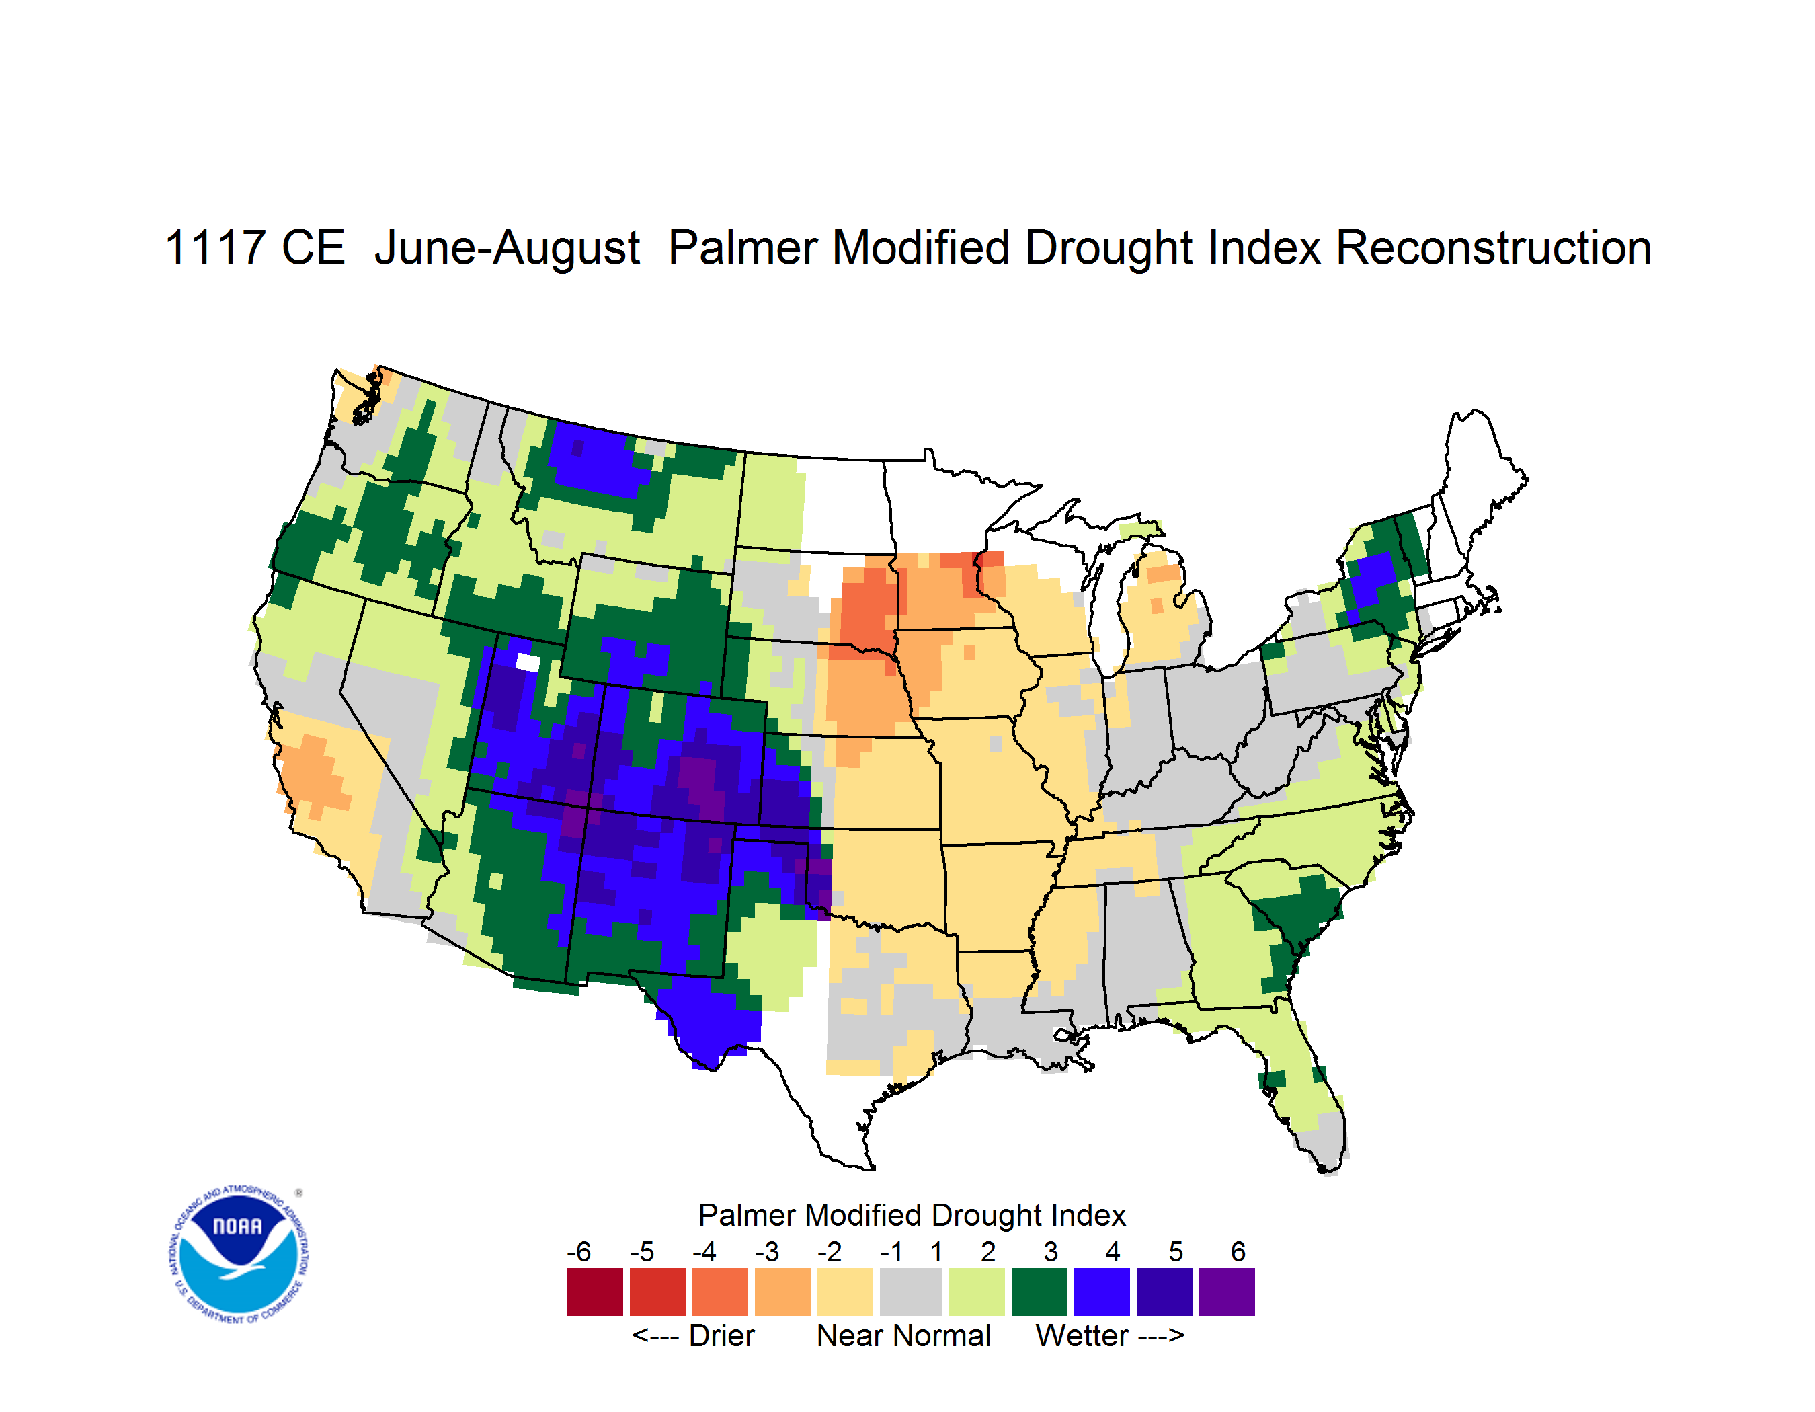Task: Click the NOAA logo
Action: tap(239, 1255)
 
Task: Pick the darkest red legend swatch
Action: tap(595, 1292)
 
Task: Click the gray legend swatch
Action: tap(912, 1292)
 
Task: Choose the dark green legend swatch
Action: tap(1039, 1292)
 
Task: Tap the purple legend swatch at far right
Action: tap(1227, 1292)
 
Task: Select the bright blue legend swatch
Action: tap(1102, 1292)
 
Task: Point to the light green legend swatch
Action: tap(977, 1292)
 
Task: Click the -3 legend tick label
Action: tap(767, 1251)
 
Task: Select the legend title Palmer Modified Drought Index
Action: tap(912, 1215)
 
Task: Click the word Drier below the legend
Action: tap(721, 1335)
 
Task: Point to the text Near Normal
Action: tap(903, 1335)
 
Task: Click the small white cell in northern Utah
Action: tap(528, 662)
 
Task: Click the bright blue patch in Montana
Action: tap(600, 462)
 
